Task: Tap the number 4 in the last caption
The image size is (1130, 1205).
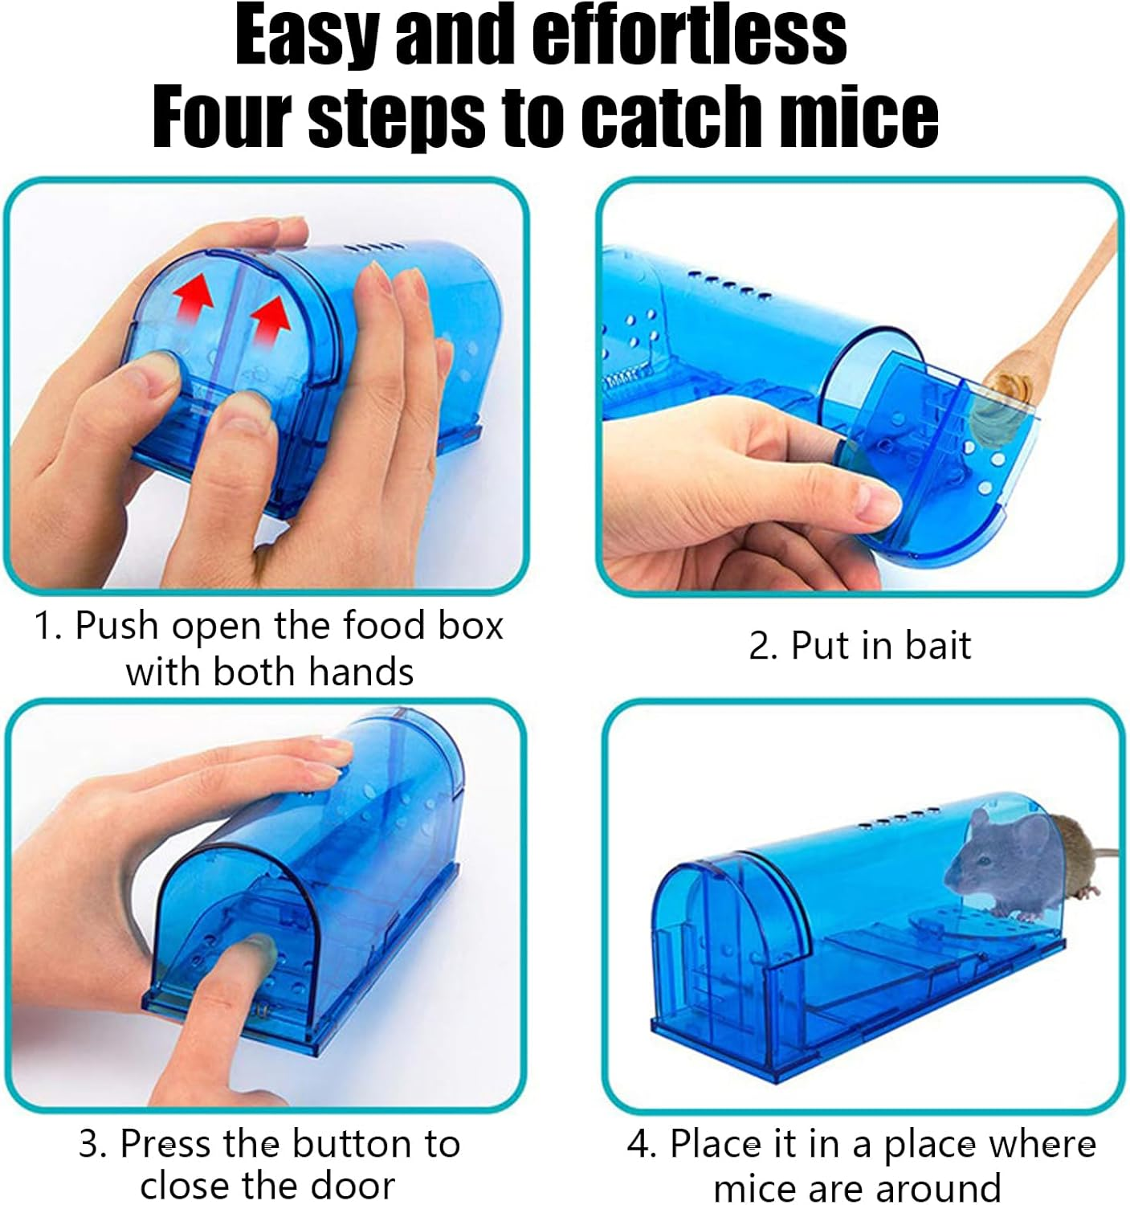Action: (x=640, y=1144)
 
